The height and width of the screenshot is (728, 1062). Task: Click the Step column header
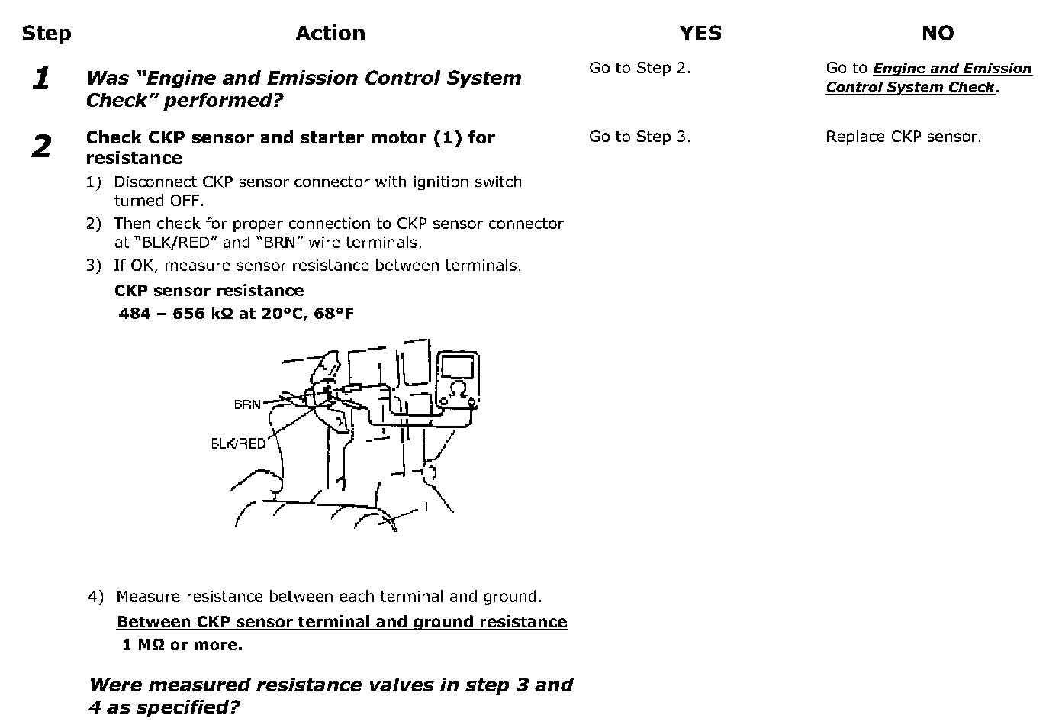(x=47, y=34)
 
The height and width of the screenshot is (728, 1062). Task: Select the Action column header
(x=330, y=34)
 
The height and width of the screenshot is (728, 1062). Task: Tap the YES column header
(x=700, y=34)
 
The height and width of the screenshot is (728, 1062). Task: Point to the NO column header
(x=938, y=34)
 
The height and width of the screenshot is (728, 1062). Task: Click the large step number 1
(x=41, y=78)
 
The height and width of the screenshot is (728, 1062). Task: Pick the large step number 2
(x=41, y=146)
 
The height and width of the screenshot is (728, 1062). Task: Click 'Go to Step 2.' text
(x=639, y=68)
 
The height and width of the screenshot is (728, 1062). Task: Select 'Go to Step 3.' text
(x=639, y=137)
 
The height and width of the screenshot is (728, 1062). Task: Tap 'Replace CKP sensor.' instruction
(x=903, y=137)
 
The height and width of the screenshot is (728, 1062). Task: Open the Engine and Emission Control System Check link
(x=928, y=78)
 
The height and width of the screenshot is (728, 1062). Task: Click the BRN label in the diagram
(x=247, y=404)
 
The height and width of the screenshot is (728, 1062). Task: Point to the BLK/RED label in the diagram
(x=238, y=443)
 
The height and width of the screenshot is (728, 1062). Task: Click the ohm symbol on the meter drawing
(x=459, y=389)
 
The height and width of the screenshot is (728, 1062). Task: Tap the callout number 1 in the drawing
(x=426, y=507)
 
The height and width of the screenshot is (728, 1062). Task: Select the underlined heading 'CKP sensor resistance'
(x=209, y=291)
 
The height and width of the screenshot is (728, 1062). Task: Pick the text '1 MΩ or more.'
(x=182, y=645)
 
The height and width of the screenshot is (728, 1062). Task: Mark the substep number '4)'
(x=95, y=597)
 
